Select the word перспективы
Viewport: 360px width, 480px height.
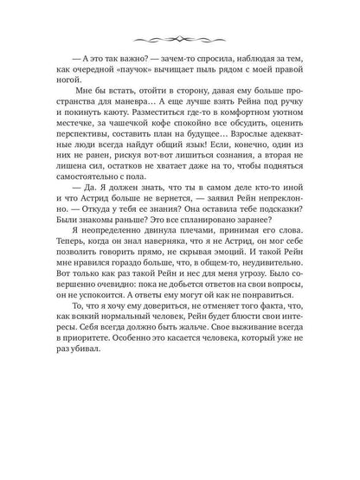[113, 172]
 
